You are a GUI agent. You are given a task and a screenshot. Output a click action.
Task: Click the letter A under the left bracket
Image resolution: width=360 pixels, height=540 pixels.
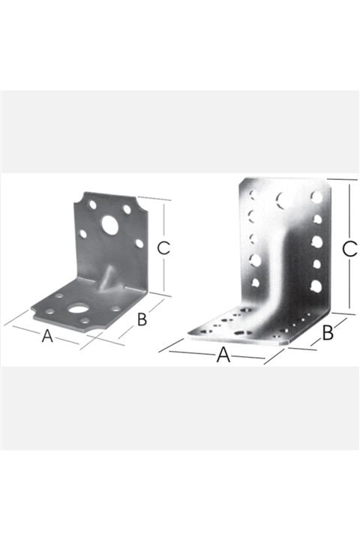pyautogui.click(x=47, y=336)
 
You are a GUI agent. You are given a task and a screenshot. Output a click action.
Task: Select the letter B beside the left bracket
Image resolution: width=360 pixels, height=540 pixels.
pyautogui.click(x=142, y=319)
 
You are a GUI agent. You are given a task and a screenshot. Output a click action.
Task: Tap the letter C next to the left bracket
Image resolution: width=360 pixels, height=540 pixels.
pyautogui.click(x=163, y=248)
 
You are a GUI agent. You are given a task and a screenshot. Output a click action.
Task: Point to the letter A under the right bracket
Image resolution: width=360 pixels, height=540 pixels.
pyautogui.click(x=223, y=355)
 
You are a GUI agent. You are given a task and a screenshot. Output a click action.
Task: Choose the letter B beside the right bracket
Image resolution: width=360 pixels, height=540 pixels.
pyautogui.click(x=328, y=333)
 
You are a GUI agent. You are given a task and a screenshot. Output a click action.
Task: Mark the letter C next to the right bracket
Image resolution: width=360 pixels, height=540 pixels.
pyautogui.click(x=350, y=249)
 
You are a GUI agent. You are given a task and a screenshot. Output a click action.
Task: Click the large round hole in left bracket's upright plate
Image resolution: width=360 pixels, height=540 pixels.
pyautogui.click(x=110, y=225)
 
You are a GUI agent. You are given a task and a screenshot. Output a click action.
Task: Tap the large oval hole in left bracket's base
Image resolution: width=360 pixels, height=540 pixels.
pyautogui.click(x=79, y=308)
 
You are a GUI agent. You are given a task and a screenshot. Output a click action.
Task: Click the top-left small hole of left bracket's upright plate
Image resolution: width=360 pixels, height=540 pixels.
pyautogui.click(x=93, y=205)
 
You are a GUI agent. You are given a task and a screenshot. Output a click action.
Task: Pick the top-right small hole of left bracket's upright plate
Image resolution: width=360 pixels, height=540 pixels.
pyautogui.click(x=127, y=209)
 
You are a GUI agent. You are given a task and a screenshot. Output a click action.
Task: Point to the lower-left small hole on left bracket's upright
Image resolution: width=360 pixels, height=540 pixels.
pyautogui.click(x=83, y=234)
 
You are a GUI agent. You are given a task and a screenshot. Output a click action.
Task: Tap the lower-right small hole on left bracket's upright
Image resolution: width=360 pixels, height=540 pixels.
pyautogui.click(x=139, y=244)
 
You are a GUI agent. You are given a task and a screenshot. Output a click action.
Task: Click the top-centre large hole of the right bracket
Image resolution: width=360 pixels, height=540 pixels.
pyautogui.click(x=283, y=199)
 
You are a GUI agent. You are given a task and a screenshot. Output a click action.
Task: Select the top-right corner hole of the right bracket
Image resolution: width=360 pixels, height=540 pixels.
pyautogui.click(x=316, y=196)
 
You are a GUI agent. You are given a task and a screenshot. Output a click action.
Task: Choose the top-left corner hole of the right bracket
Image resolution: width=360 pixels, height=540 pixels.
pyautogui.click(x=253, y=195)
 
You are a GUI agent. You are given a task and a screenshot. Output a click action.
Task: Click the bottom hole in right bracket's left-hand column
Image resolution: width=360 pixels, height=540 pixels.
pyautogui.click(x=256, y=283)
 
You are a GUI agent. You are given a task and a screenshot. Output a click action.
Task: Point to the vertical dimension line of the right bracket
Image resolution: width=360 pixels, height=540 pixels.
pyautogui.click(x=349, y=246)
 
